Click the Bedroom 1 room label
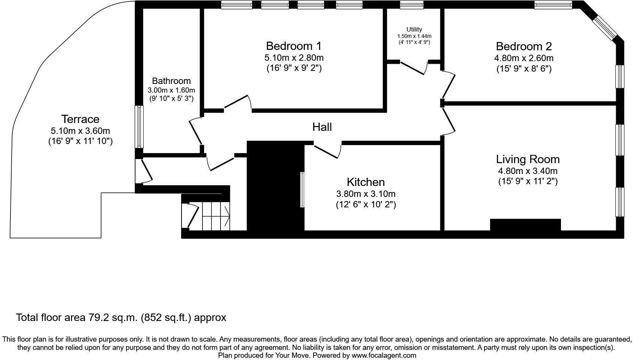click(294, 46)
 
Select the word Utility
click(414, 29)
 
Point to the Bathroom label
click(171, 81)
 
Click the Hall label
click(322, 127)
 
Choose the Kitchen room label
click(366, 182)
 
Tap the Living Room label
click(528, 160)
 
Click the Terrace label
click(80, 119)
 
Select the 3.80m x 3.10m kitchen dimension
click(366, 194)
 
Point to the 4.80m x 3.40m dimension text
click(528, 171)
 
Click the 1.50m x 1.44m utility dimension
click(414, 36)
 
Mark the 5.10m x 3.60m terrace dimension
click(80, 131)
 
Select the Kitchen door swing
click(327, 151)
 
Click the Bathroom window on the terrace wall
click(139, 127)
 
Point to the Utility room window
click(412, 5)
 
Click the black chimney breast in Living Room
click(525, 225)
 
